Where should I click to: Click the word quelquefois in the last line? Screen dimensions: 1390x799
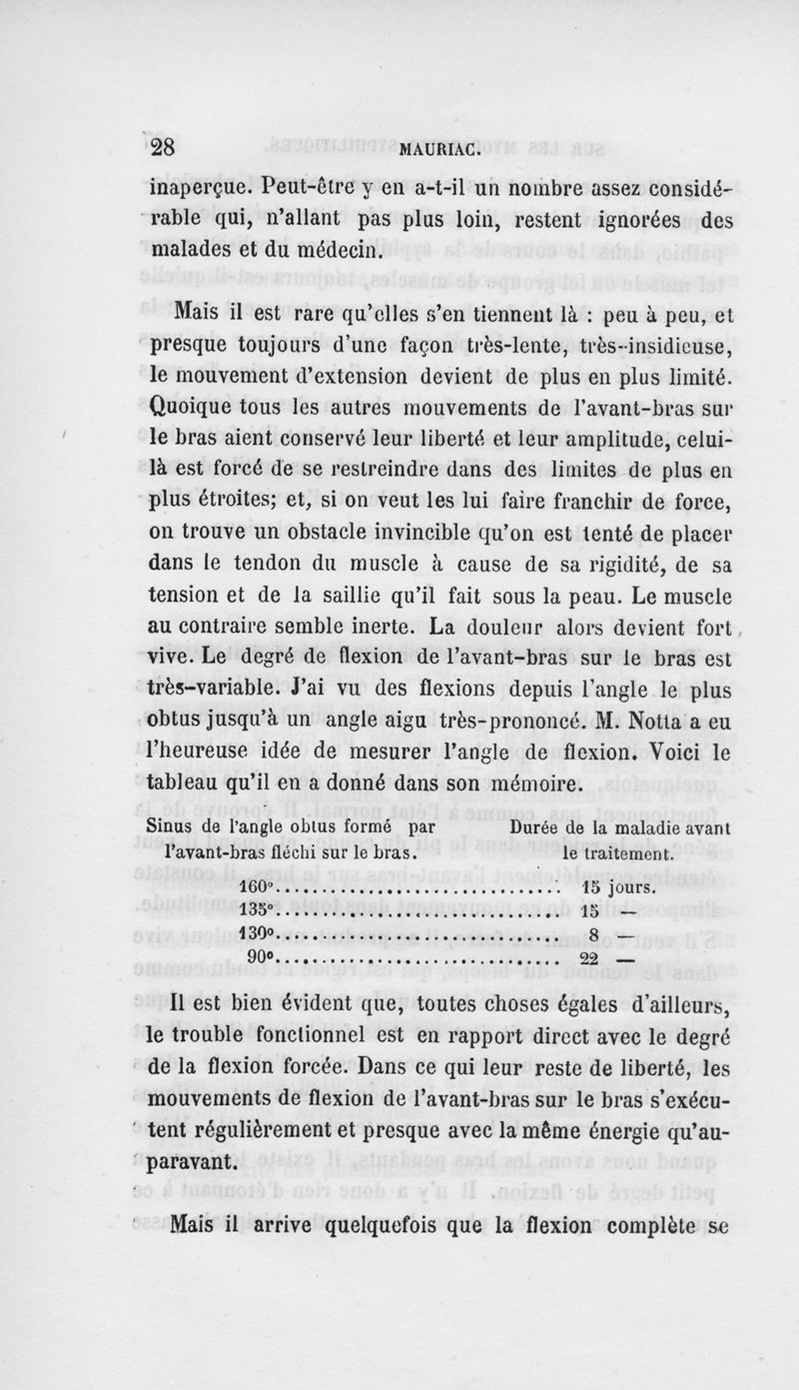(x=377, y=1221)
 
